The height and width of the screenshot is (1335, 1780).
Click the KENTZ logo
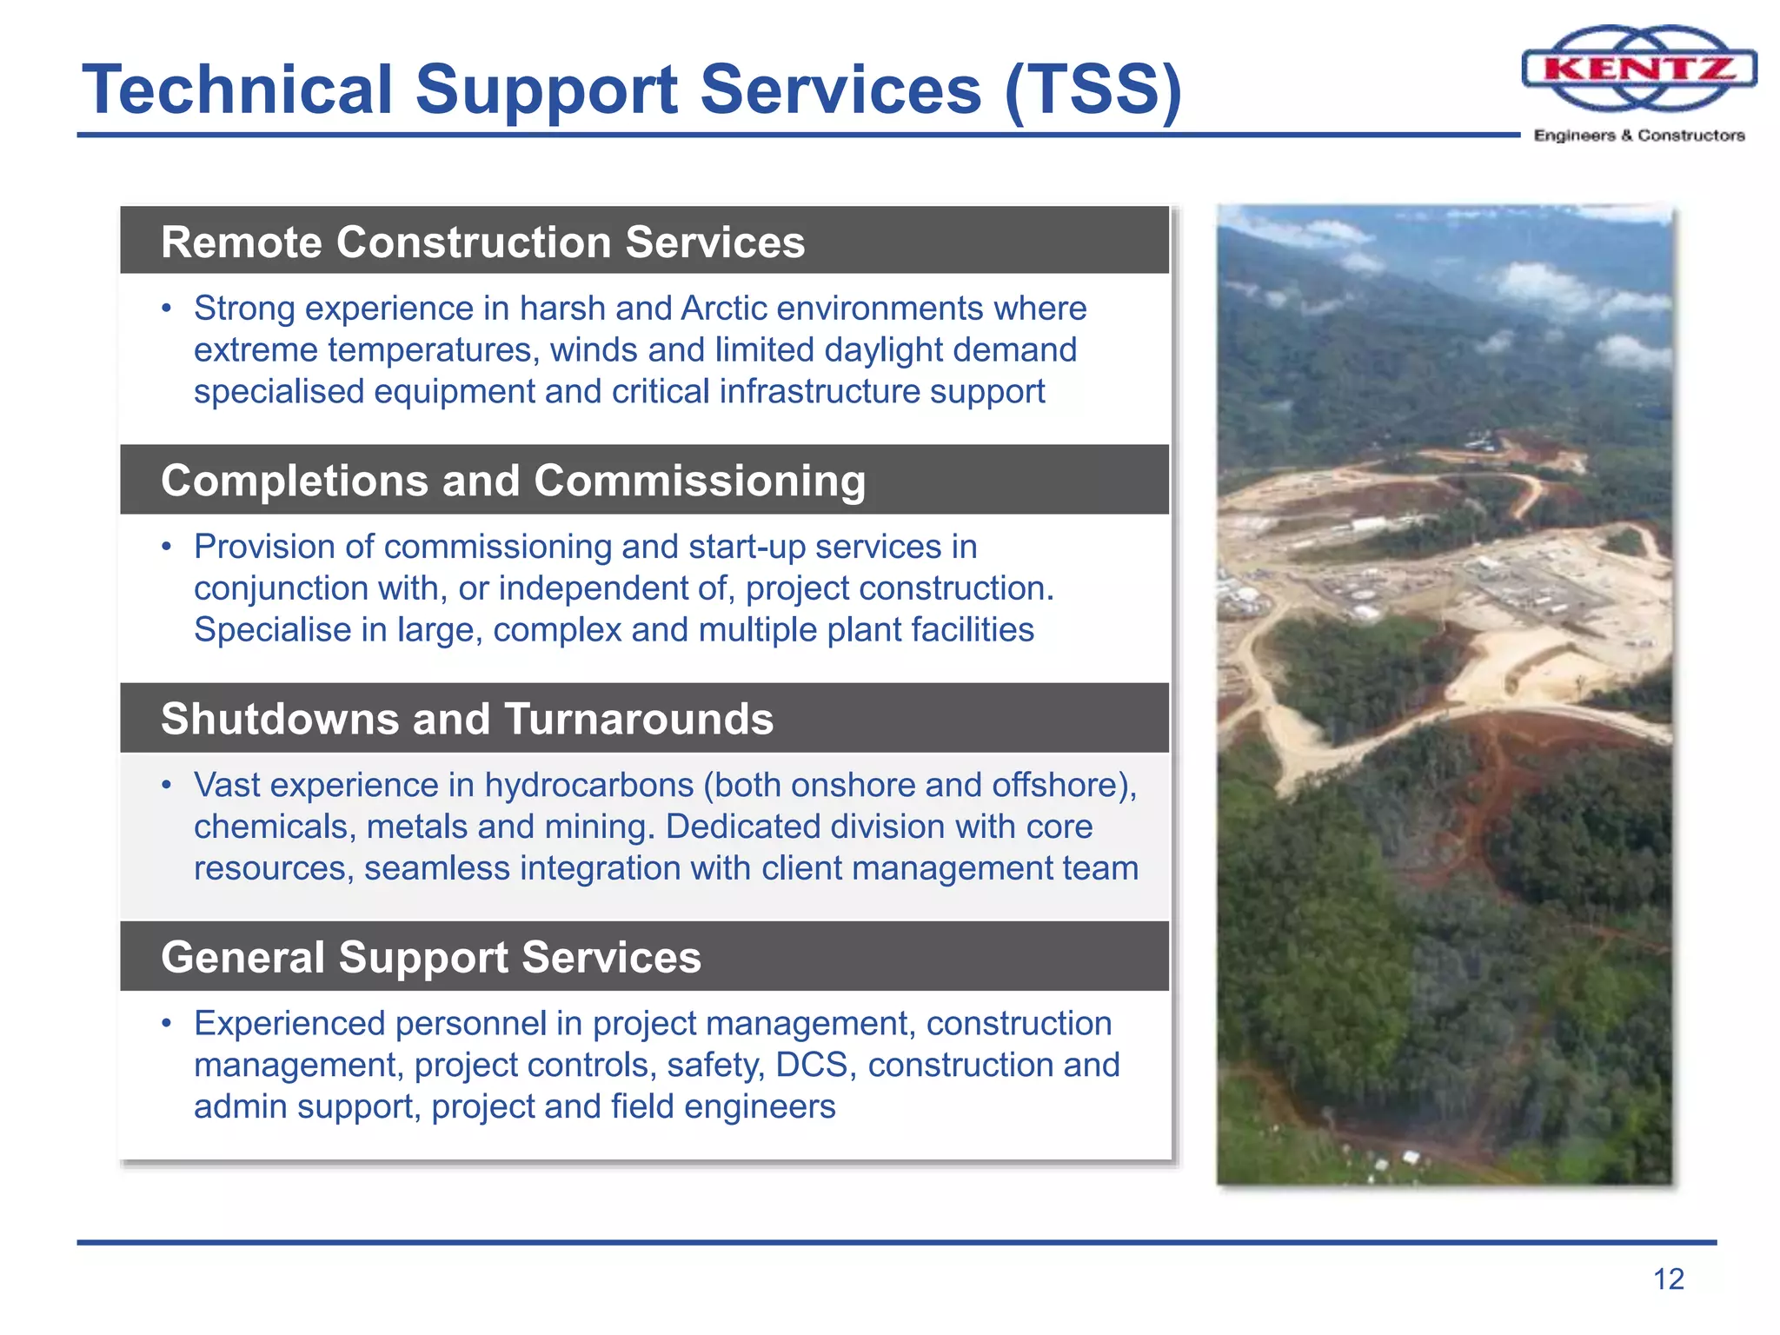[x=1639, y=68]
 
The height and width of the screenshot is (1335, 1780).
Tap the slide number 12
[x=1668, y=1279]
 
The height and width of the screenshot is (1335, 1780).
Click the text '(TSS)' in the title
[x=1093, y=90]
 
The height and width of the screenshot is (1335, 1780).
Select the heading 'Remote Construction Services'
[x=482, y=242]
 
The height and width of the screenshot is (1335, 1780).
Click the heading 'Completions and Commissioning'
[x=513, y=481]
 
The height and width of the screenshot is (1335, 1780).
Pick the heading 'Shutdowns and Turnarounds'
[x=467, y=720]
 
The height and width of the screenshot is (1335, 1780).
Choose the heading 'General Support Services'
[x=430, y=958]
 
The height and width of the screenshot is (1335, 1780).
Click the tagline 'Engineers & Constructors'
[x=1639, y=136]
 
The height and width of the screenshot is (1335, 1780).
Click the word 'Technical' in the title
[x=237, y=90]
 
